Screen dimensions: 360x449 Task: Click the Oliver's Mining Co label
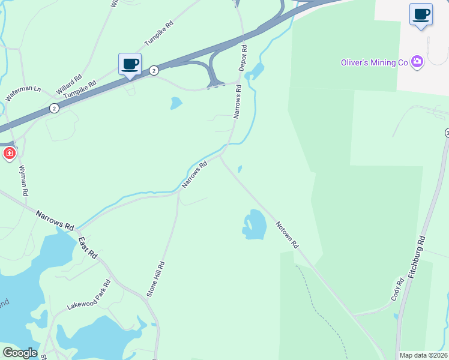[x=375, y=62]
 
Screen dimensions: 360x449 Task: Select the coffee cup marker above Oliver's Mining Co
[x=421, y=14]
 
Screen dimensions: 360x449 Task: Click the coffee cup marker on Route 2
[x=130, y=64]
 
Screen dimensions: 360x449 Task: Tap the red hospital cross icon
[x=10, y=154]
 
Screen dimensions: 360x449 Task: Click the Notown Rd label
[x=287, y=235]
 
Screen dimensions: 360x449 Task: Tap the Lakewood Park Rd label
[x=89, y=294]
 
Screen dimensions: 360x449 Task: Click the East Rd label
[x=88, y=247]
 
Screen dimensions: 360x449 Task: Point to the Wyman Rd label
[x=24, y=181]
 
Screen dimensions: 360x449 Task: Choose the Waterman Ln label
[x=23, y=93]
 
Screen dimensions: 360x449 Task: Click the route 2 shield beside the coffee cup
[x=154, y=70]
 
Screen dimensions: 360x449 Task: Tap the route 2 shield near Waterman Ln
[x=54, y=108]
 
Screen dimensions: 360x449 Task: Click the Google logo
[x=19, y=352]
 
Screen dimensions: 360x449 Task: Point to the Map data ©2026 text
[x=423, y=355]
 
